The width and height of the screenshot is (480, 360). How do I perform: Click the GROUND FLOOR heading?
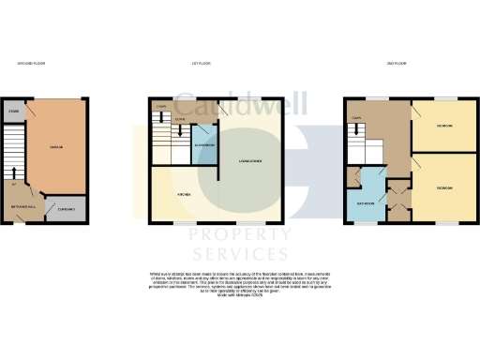(32, 63)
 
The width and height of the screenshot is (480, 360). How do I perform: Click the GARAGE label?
(55, 147)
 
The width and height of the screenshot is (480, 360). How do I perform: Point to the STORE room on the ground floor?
(13, 111)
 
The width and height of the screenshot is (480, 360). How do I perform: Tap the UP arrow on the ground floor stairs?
(14, 172)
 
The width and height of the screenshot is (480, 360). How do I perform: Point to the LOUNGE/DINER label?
(249, 161)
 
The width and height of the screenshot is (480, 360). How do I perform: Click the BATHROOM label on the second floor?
(365, 202)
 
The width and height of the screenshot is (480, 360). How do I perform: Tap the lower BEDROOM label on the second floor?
(444, 188)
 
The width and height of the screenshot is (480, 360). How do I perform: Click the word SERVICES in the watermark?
(239, 254)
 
